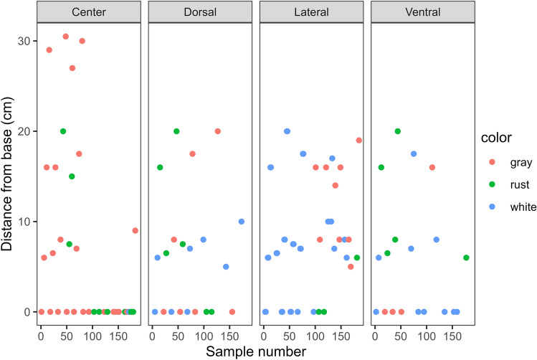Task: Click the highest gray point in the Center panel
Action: click(x=65, y=37)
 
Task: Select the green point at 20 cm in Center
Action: click(x=63, y=131)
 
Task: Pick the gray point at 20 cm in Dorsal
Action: click(x=217, y=131)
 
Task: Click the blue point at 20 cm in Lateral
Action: click(x=287, y=131)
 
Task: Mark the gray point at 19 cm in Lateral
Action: click(x=358, y=141)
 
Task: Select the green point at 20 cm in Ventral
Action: click(x=397, y=131)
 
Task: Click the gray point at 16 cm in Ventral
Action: click(x=432, y=167)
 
